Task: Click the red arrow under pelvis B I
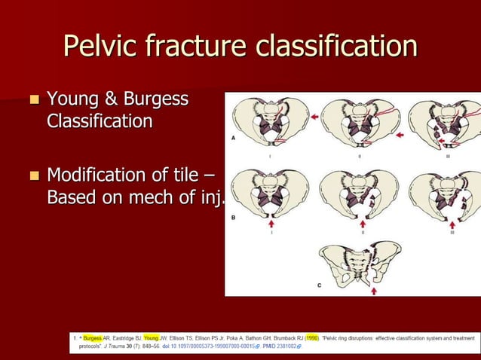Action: [272, 223]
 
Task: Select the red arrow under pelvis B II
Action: [363, 223]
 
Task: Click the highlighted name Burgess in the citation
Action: [93, 338]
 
